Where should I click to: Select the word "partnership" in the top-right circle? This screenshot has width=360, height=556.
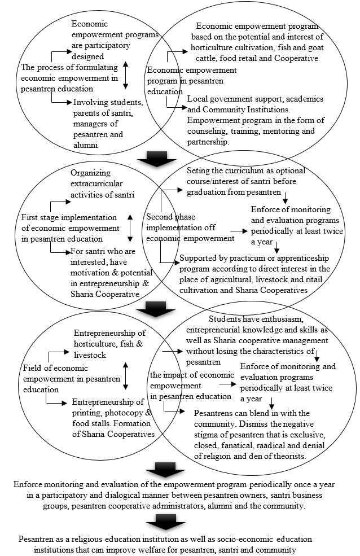(x=207, y=142)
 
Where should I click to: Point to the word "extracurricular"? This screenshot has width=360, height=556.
(x=96, y=183)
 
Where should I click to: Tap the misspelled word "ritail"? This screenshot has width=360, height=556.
(x=314, y=279)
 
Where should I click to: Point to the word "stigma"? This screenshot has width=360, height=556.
(x=205, y=435)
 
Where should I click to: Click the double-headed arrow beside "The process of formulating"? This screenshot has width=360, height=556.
(x=125, y=76)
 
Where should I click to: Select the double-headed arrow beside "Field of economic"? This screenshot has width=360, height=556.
(x=125, y=376)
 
